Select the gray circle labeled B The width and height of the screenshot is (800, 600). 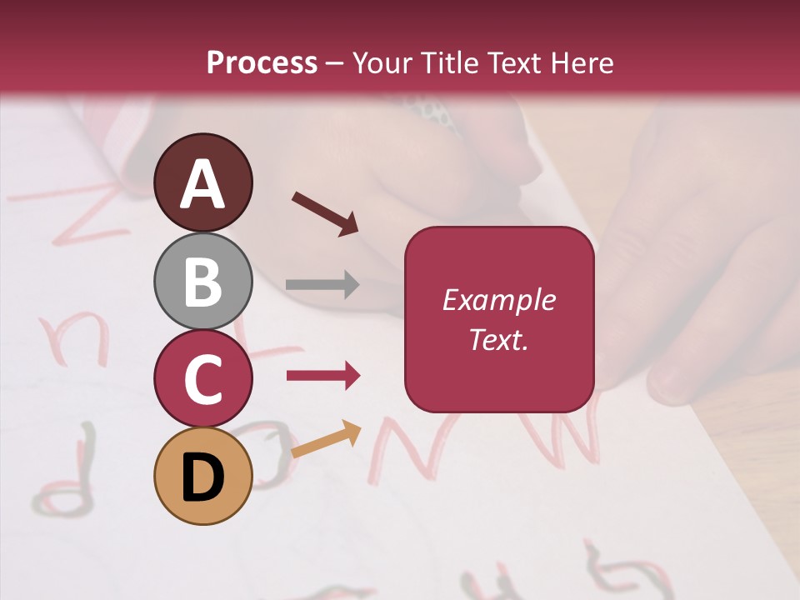pyautogui.click(x=203, y=281)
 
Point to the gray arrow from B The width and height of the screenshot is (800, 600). pyautogui.click(x=322, y=284)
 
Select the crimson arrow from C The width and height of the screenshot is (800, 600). pyautogui.click(x=323, y=376)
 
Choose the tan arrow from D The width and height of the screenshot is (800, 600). pyautogui.click(x=326, y=439)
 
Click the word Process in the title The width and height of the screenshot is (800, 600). pyautogui.click(x=262, y=62)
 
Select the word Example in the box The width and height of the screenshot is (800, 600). pyautogui.click(x=498, y=300)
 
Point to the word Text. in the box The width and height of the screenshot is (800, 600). pyautogui.click(x=498, y=339)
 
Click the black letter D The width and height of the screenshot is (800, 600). pyautogui.click(x=203, y=477)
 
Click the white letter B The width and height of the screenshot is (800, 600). pyautogui.click(x=203, y=281)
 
